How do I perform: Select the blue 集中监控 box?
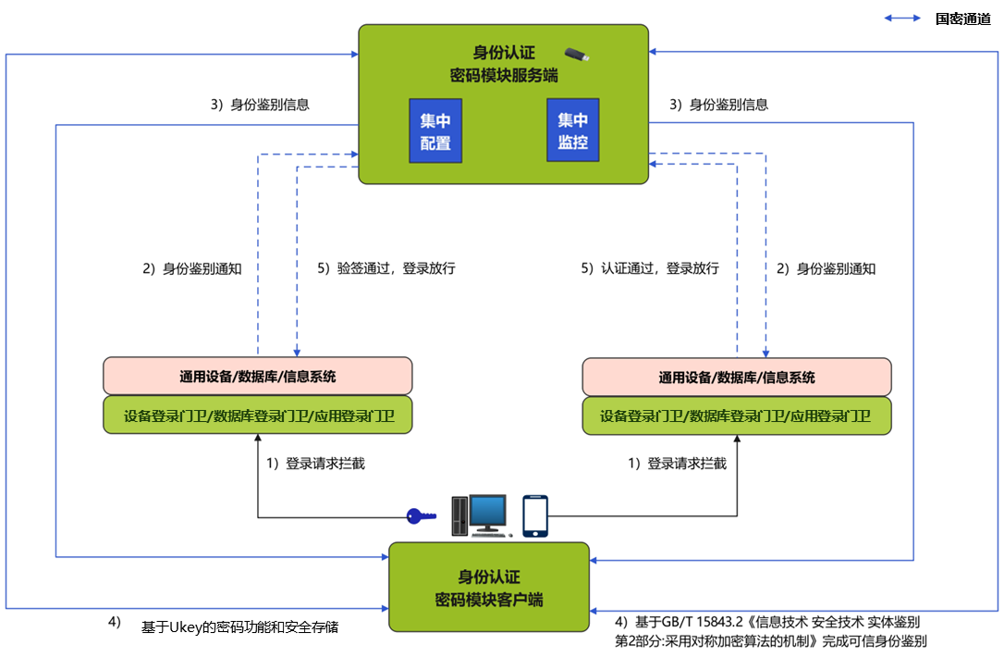pos(572,131)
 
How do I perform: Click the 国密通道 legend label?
pos(962,19)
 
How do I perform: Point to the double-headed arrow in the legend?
pos(902,19)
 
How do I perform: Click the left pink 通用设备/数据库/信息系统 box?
pos(258,377)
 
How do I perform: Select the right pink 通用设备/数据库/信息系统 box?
pos(737,378)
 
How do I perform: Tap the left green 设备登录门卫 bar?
pos(258,416)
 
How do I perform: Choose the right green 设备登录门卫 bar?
pos(737,416)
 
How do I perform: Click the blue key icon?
pos(422,515)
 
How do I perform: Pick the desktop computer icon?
pos(481,515)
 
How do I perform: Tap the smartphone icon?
pos(535,515)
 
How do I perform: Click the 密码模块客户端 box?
pos(489,587)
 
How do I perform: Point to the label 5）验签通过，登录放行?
pos(386,269)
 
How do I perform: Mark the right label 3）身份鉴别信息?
pos(718,105)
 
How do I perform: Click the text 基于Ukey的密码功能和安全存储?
pos(239,627)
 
